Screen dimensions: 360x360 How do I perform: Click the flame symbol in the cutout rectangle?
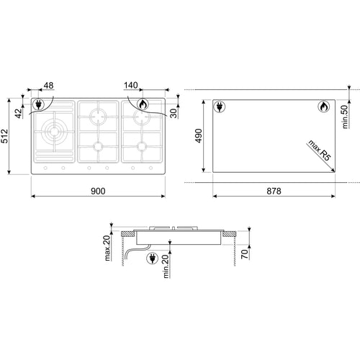click(323, 108)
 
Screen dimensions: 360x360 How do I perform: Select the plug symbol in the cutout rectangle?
click(220, 108)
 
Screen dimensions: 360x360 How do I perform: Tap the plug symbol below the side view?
click(153, 259)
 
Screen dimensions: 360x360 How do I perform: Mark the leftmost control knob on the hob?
click(45, 169)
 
